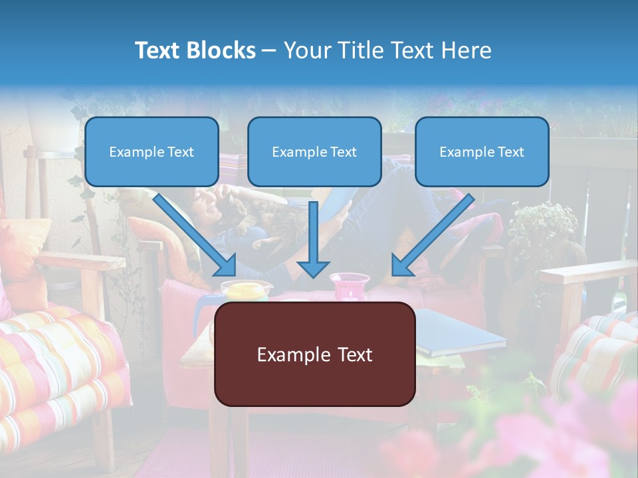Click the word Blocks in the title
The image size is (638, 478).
[x=221, y=50]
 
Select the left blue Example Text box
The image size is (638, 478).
[x=152, y=151]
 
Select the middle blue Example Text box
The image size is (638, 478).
[x=314, y=151]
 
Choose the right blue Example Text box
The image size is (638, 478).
[x=482, y=151]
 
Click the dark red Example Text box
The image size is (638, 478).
[x=314, y=354]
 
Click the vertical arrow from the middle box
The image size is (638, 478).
[x=313, y=239]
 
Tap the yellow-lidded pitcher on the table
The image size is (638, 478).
[x=246, y=290]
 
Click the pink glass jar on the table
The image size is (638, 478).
[x=350, y=286]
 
